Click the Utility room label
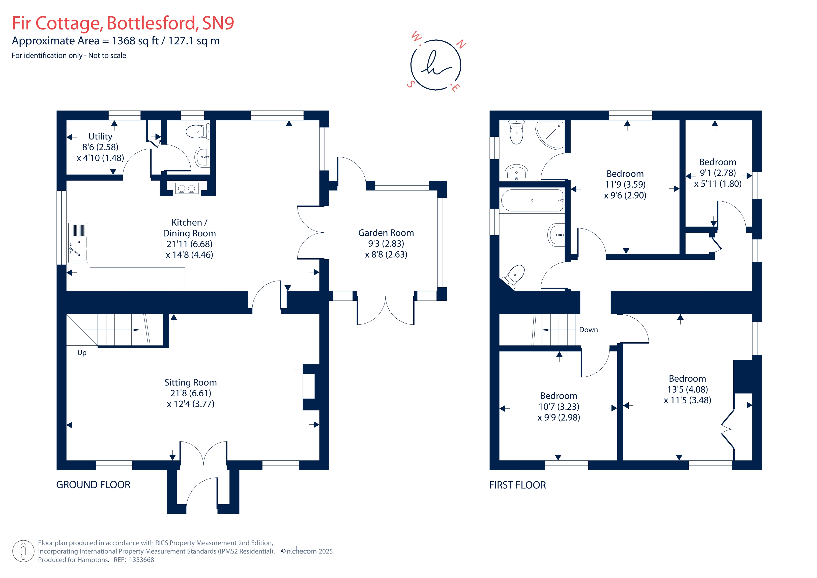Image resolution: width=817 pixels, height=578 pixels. pyautogui.click(x=100, y=136)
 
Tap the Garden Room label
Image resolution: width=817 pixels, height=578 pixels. pyautogui.click(x=386, y=233)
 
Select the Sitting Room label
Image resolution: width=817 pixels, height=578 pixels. pyautogui.click(x=190, y=382)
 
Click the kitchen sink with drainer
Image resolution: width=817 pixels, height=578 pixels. pyautogui.click(x=78, y=243)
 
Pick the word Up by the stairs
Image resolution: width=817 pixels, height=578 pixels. pyautogui.click(x=82, y=352)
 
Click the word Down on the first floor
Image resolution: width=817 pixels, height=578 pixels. pyautogui.click(x=588, y=330)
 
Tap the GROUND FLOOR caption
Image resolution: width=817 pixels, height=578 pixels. pyautogui.click(x=93, y=485)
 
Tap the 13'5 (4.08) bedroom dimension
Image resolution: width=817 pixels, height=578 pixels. pyautogui.click(x=687, y=389)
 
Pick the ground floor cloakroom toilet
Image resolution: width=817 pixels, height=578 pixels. pyautogui.click(x=197, y=132)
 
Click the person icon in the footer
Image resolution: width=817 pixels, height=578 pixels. pyautogui.click(x=23, y=551)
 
